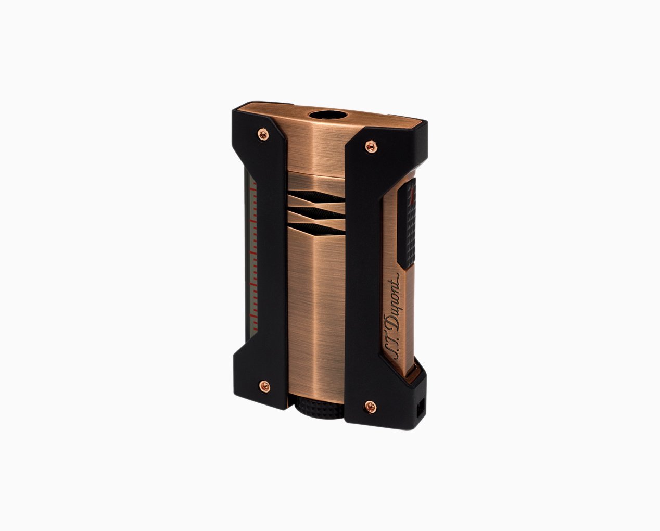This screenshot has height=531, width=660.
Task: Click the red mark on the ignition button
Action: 411,199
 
